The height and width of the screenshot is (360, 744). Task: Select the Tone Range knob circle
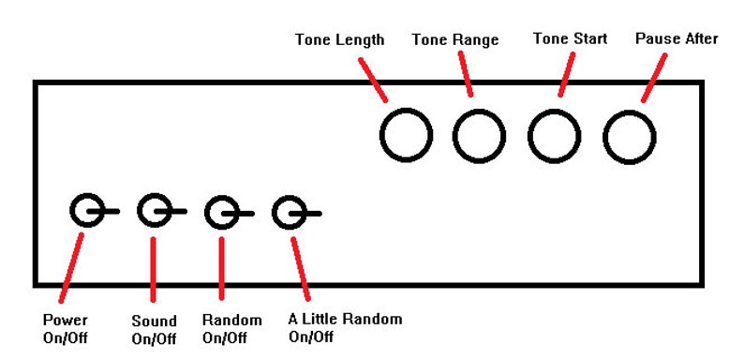(x=480, y=135)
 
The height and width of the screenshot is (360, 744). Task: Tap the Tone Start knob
(x=553, y=135)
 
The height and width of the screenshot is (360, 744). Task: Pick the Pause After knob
(x=627, y=135)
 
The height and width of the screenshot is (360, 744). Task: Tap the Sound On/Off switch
(x=154, y=212)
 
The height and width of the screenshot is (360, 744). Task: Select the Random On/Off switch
(x=222, y=213)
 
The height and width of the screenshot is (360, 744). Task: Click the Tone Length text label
(x=339, y=40)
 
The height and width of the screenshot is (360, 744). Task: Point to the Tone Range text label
(x=455, y=40)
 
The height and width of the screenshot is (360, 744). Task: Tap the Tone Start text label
(x=570, y=38)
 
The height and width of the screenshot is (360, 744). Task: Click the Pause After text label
(x=677, y=38)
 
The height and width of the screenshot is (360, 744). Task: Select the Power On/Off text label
(x=66, y=327)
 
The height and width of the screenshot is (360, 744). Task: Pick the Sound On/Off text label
(x=154, y=329)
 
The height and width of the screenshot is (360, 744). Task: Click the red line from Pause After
(x=654, y=75)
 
